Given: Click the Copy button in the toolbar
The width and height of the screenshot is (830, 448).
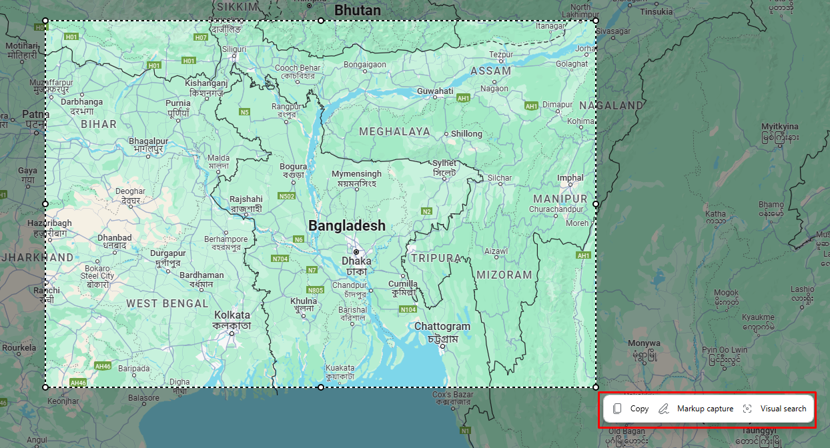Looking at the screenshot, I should (x=631, y=409).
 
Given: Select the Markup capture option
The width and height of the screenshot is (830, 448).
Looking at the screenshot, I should (x=696, y=409).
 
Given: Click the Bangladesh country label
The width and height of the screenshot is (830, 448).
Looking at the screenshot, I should (x=347, y=226).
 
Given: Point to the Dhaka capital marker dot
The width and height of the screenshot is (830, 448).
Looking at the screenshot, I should (x=356, y=252).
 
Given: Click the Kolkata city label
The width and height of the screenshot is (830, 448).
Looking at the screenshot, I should (x=232, y=315).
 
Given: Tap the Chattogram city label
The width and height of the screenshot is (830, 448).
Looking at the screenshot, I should (x=442, y=327).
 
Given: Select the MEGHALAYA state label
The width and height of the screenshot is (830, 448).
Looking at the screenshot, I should (x=394, y=132).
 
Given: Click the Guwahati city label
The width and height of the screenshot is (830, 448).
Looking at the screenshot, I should (x=435, y=91).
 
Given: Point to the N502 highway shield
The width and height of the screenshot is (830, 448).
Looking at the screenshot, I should (x=287, y=196).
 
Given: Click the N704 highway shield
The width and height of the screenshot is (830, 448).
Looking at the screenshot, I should (x=280, y=259).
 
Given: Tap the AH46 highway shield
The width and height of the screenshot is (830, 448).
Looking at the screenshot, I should (x=103, y=366).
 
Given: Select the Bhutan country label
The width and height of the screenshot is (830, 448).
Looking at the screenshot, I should (x=358, y=10).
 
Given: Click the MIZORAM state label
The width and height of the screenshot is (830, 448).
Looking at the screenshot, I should (x=504, y=275).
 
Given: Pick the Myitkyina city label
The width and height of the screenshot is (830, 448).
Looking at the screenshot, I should (x=780, y=127).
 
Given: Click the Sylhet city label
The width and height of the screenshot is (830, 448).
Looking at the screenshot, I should (x=444, y=163).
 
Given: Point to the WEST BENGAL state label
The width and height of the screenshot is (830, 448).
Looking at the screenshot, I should (x=167, y=303).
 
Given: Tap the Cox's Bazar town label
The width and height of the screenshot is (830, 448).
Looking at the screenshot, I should (x=454, y=395).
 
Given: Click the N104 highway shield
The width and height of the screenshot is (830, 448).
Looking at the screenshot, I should (x=408, y=309).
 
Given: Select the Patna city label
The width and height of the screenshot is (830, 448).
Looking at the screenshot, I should (x=35, y=114).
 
